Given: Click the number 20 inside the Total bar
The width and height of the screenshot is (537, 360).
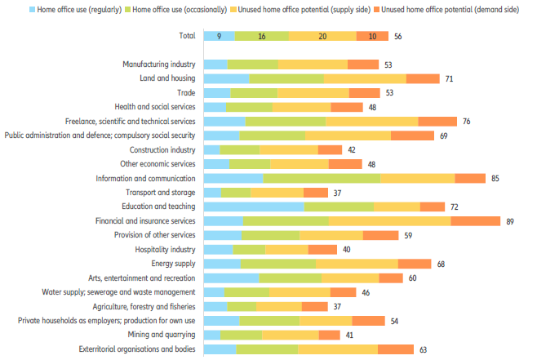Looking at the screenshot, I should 322,36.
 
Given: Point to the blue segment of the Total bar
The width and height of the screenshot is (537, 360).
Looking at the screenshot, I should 219,36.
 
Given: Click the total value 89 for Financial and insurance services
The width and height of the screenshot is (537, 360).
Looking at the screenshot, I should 510,221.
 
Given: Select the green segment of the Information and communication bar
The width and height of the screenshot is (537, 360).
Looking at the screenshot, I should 322,178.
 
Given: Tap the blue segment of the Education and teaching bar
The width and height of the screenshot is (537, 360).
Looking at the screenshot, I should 253,207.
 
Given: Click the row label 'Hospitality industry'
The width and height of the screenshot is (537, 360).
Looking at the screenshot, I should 166,249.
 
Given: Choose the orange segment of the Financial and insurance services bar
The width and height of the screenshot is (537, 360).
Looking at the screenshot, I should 475,221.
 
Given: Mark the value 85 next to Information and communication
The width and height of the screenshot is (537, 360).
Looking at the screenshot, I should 495,178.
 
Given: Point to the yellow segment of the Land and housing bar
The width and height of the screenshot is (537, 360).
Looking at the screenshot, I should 365,78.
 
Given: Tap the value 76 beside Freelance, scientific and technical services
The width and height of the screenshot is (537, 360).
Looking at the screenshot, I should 466,122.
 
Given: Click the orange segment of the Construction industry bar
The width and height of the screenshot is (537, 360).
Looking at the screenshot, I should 330,150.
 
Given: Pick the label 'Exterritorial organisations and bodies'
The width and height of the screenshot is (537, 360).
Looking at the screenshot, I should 137,349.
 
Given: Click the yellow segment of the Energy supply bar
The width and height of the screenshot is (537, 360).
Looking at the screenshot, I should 357,264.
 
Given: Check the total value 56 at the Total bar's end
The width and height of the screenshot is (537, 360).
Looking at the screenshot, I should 398,37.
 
